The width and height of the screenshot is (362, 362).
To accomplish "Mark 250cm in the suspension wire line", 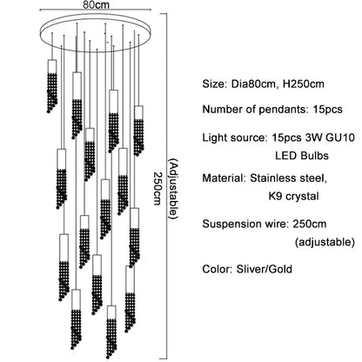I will [318, 223].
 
